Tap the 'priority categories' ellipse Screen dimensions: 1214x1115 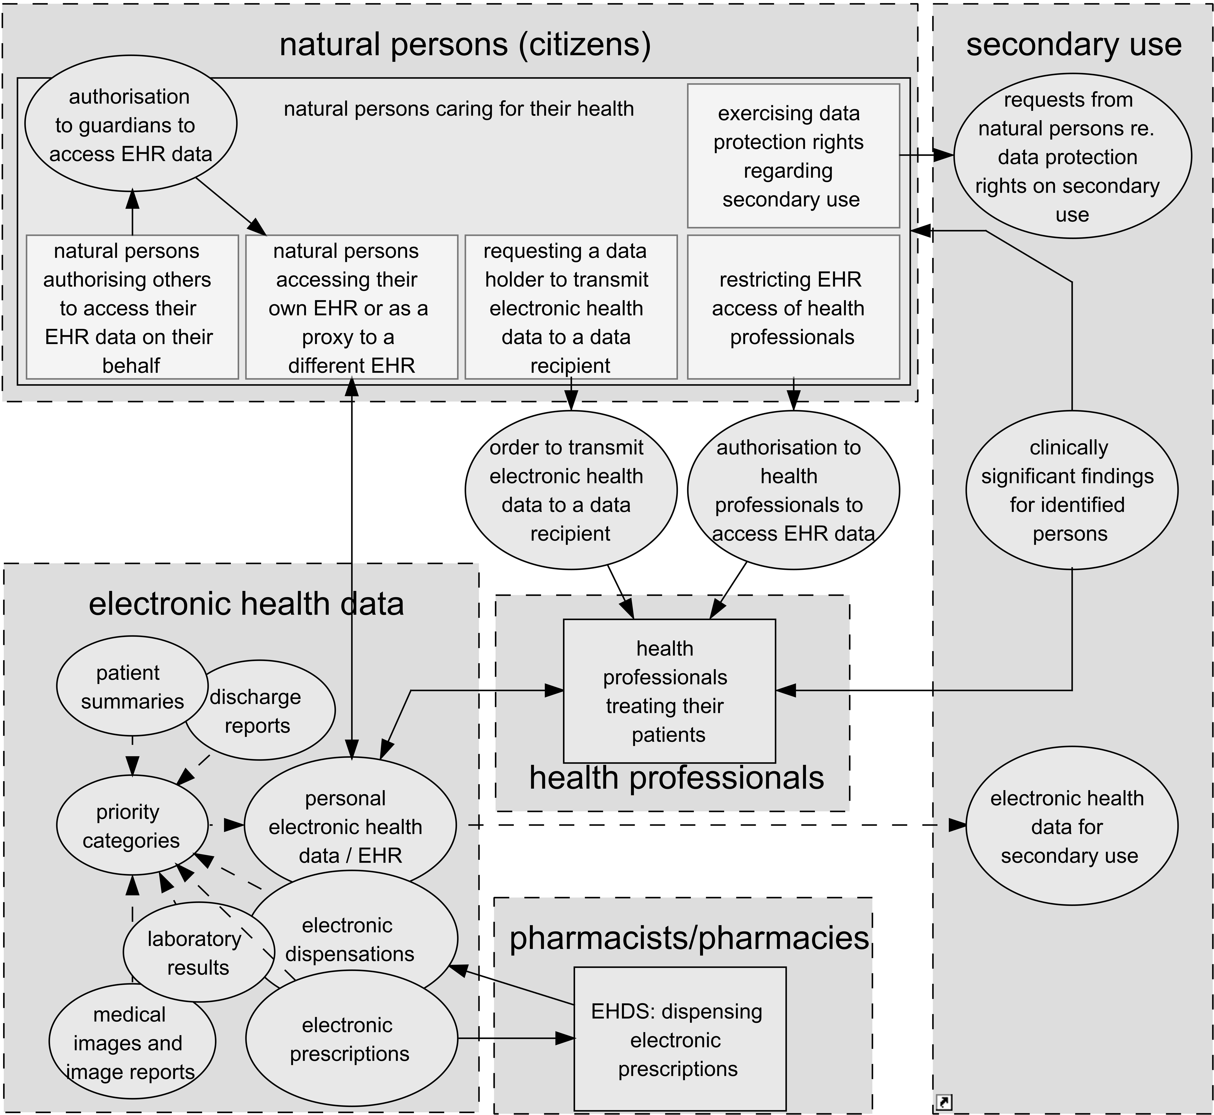point(132,825)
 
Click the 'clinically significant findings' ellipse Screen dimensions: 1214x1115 point(1071,490)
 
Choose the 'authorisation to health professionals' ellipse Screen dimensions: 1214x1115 point(793,490)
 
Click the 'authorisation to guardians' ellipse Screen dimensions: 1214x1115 point(131,124)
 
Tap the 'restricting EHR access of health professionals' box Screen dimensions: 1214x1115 point(793,307)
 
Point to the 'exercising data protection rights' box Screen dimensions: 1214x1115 point(793,156)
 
